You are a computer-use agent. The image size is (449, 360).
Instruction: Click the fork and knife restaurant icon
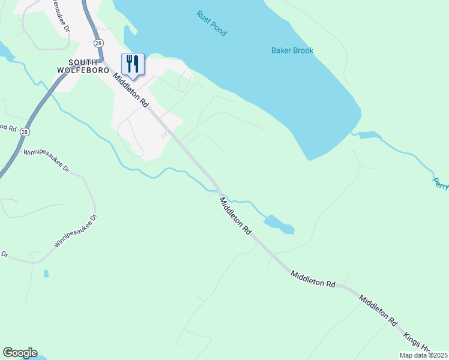tap(133, 63)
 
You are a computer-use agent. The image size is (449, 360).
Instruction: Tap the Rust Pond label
tap(211, 23)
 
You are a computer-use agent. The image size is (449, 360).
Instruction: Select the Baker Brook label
tap(292, 51)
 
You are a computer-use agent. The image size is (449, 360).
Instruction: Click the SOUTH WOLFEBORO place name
tap(88, 66)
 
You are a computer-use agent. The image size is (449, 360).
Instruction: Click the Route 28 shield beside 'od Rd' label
tap(24, 131)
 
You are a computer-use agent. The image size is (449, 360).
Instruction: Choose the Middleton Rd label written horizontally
tap(313, 278)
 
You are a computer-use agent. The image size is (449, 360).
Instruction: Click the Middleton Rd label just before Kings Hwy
tap(378, 310)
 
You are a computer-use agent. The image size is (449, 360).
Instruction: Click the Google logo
tap(20, 353)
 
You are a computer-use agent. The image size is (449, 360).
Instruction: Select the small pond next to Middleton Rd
tap(279, 223)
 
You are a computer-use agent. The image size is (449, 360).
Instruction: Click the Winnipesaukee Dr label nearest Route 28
tap(46, 161)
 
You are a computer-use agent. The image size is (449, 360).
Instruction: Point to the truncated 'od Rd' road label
tap(8, 127)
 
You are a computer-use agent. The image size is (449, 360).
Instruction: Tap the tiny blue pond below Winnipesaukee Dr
tap(46, 274)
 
